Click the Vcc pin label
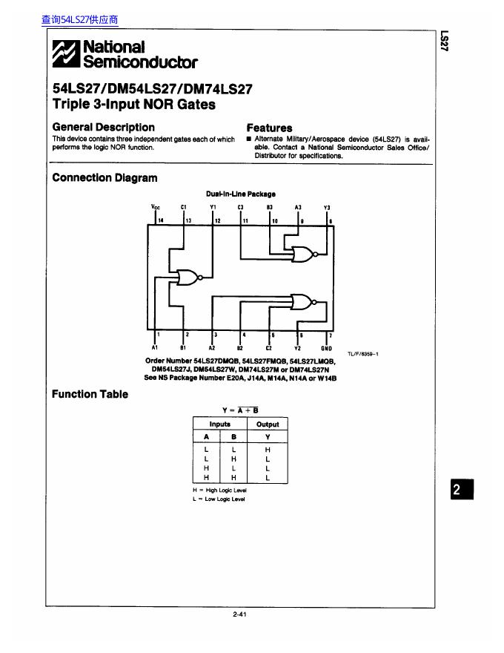point(155,207)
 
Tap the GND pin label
point(326,347)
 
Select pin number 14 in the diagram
point(160,220)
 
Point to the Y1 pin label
point(213,207)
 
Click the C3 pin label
point(241,207)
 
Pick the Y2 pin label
point(297,347)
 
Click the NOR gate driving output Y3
point(303,254)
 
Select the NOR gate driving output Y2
point(303,301)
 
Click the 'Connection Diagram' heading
point(105,178)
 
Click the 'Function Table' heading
point(90,394)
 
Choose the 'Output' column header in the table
point(268,424)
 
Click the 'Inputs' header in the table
point(220,424)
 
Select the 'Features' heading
point(269,128)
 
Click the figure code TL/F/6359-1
point(363,354)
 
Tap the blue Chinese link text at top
point(79,20)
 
